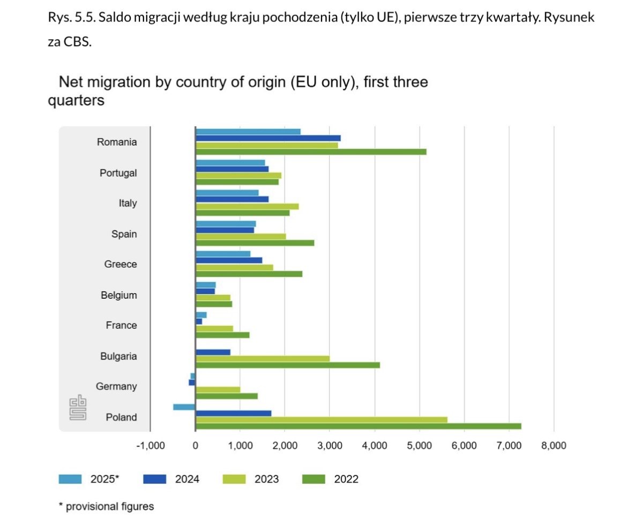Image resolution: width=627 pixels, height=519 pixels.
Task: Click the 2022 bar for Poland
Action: [x=358, y=426]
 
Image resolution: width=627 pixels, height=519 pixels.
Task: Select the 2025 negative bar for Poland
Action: [x=184, y=407]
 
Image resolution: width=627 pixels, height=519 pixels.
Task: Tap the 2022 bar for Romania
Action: [x=311, y=152]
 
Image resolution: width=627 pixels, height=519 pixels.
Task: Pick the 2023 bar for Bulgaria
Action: [x=263, y=359]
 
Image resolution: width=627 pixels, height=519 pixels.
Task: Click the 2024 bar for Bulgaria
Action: [x=213, y=352]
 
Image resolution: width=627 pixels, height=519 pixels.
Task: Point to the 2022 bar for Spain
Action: [x=255, y=243]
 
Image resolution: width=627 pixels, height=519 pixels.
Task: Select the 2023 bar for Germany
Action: [x=218, y=389]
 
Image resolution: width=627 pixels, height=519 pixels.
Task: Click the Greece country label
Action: [x=121, y=265]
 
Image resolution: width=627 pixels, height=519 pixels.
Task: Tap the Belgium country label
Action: [x=118, y=295]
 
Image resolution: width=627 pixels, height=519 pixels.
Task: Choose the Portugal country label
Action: [x=118, y=173]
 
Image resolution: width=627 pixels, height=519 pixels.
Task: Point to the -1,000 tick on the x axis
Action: [x=151, y=446]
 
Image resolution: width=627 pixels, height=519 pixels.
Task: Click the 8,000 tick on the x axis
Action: [x=554, y=446]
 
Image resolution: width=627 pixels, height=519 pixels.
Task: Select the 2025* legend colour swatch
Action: [x=70, y=479]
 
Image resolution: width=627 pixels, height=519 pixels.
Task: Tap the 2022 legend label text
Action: [x=346, y=479]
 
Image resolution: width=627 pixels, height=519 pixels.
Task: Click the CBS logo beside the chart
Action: [x=78, y=407]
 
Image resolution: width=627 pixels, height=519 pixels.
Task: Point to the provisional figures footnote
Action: [x=106, y=506]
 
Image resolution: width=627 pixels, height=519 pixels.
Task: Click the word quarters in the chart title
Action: [x=76, y=100]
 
